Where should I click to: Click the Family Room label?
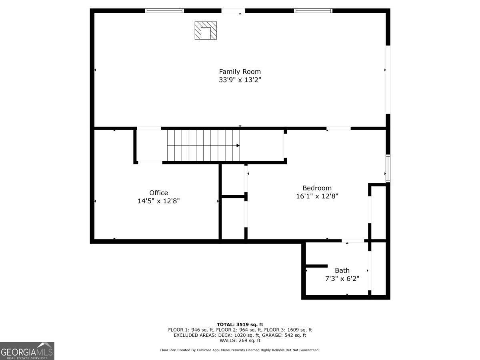(x=240, y=72)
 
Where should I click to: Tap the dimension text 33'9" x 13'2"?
(x=240, y=80)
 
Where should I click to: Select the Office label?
(x=158, y=193)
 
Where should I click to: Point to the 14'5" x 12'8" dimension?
(x=158, y=201)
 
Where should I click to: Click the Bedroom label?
(x=317, y=188)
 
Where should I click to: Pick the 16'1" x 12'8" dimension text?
(x=317, y=196)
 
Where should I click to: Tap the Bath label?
(x=342, y=270)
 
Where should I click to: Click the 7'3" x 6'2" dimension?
(x=342, y=278)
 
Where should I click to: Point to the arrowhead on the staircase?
(x=238, y=146)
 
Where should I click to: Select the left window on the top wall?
(x=164, y=11)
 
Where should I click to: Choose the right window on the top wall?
(x=313, y=11)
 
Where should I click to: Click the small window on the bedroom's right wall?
(x=388, y=168)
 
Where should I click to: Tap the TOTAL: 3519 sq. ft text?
(x=240, y=324)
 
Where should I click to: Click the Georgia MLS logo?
(x=27, y=351)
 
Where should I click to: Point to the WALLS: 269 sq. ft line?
(x=240, y=340)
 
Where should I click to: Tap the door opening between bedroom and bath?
(x=353, y=241)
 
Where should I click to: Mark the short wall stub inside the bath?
(x=316, y=266)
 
